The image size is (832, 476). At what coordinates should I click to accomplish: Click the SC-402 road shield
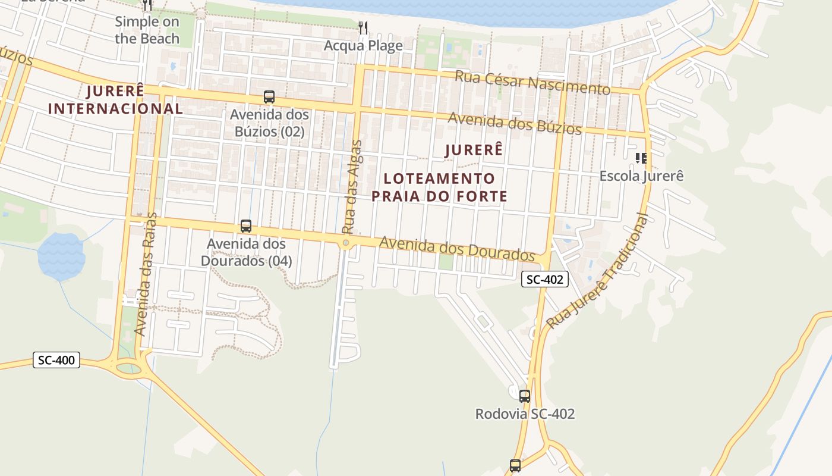coord(545,279)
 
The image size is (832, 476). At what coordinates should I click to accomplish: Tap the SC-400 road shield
coord(56,360)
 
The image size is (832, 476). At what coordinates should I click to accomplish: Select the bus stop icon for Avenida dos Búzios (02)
coord(269,97)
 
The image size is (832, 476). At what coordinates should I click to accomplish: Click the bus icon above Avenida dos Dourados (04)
coord(246,226)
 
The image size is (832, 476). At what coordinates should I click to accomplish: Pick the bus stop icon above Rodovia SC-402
coord(524,396)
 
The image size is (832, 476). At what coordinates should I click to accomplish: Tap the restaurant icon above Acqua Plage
coord(363,27)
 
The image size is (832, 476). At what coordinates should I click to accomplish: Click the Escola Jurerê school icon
coord(641,158)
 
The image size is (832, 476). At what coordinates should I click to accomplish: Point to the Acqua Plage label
coord(363,46)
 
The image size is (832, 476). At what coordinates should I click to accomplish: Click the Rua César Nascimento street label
coord(532,83)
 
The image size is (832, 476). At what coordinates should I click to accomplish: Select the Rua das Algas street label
coord(351,186)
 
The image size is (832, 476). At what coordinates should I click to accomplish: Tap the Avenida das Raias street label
coord(146,274)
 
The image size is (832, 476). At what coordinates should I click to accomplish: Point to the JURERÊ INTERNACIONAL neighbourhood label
coord(115,100)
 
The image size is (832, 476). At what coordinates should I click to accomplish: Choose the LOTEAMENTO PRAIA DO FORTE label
coord(439,187)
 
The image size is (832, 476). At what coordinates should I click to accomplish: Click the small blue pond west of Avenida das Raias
coord(61,255)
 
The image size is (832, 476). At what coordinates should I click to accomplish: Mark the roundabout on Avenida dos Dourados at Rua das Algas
coord(346,243)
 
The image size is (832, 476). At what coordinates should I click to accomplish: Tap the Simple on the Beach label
coord(147,30)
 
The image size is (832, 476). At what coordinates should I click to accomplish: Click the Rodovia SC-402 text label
coord(525,414)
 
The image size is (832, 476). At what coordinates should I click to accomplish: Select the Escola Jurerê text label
coord(641,176)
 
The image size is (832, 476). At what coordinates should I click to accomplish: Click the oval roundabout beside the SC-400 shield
coord(129,368)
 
